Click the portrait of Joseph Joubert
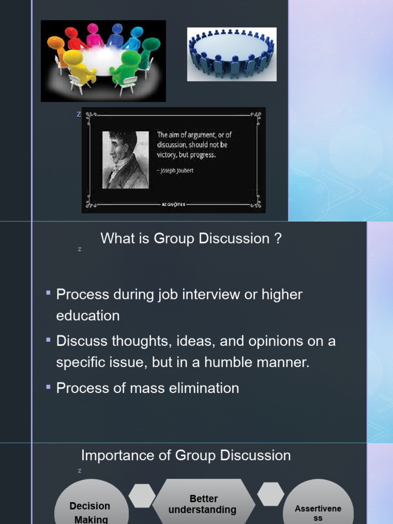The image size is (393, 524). pyautogui.click(x=125, y=160)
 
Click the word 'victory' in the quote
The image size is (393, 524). pyautogui.click(x=166, y=154)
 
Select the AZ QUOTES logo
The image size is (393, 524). pyautogui.click(x=173, y=204)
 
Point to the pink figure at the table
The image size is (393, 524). pyautogui.click(x=94, y=35)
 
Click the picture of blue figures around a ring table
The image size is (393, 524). pyautogui.click(x=231, y=54)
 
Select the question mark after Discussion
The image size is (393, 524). pyautogui.click(x=278, y=238)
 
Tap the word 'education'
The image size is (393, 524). pyautogui.click(x=88, y=316)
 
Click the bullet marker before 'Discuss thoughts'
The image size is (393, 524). pyautogui.click(x=48, y=340)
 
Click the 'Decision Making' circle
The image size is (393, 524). pyautogui.click(x=91, y=507)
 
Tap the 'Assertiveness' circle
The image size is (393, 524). pyautogui.click(x=318, y=509)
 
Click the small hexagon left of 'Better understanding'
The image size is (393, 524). pyautogui.click(x=142, y=496)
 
